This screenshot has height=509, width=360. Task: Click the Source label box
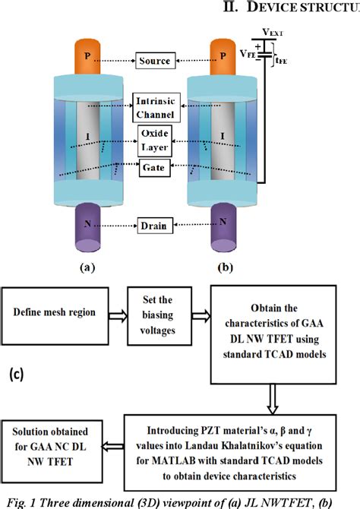(156, 60)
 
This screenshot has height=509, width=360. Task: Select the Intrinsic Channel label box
(156, 109)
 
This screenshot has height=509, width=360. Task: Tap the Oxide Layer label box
(156, 140)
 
